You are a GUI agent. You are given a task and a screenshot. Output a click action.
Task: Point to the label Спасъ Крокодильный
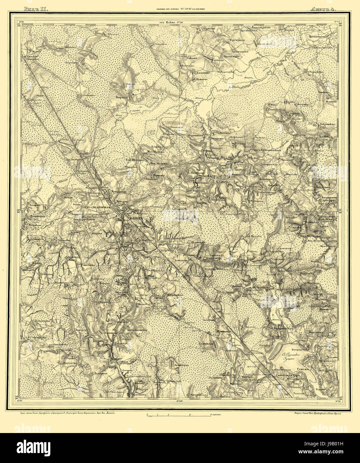(267, 150)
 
